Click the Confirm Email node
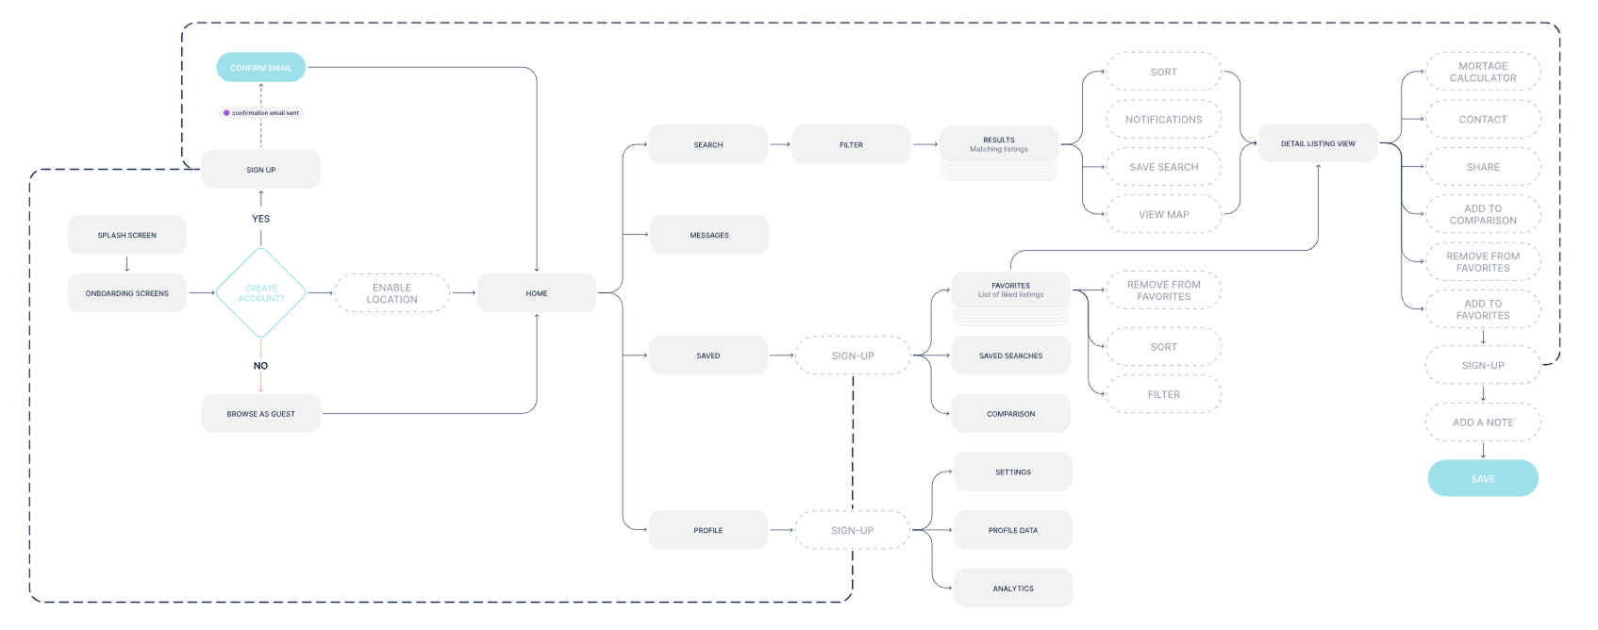click(260, 68)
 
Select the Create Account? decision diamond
click(260, 293)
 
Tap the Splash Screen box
click(126, 235)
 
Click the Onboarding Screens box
click(126, 293)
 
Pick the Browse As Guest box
click(260, 414)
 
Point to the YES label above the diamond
click(260, 219)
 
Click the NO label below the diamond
click(260, 366)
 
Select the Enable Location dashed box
click(391, 293)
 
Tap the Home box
click(536, 293)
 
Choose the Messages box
click(708, 235)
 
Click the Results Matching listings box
click(998, 145)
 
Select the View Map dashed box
click(1163, 214)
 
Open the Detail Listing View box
click(1317, 144)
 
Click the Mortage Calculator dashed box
click(1482, 72)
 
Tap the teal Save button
click(1482, 479)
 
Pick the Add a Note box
click(1482, 423)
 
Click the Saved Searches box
click(1010, 356)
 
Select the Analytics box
click(1012, 589)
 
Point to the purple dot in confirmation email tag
click(226, 113)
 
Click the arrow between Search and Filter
click(779, 144)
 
